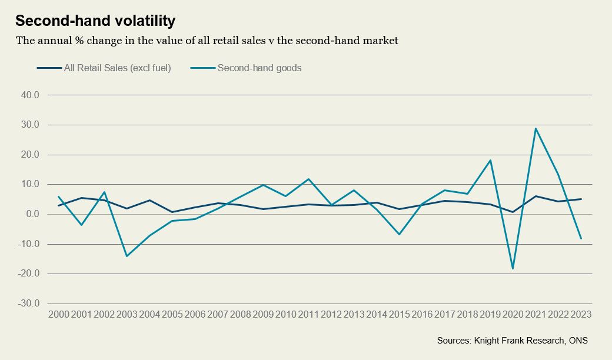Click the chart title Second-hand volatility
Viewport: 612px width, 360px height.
(x=95, y=21)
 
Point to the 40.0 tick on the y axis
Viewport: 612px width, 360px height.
(x=30, y=95)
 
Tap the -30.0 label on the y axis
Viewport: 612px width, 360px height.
(x=29, y=304)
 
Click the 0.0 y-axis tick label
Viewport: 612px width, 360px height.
(x=32, y=214)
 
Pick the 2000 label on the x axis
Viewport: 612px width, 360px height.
(x=58, y=315)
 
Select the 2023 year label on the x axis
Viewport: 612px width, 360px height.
(x=581, y=315)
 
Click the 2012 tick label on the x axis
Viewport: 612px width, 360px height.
(x=331, y=315)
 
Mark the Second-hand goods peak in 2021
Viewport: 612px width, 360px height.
(x=536, y=128)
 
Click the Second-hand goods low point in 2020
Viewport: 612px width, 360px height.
(x=513, y=269)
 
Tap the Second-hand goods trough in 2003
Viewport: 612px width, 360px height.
(x=127, y=256)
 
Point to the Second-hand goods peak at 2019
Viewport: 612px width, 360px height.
(x=491, y=160)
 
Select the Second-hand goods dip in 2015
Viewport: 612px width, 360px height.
(x=400, y=235)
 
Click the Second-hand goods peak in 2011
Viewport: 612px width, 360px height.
(x=308, y=179)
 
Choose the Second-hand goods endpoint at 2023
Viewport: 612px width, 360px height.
(x=581, y=238)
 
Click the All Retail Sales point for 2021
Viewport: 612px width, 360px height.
(x=536, y=196)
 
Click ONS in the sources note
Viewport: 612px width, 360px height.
(x=578, y=341)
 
